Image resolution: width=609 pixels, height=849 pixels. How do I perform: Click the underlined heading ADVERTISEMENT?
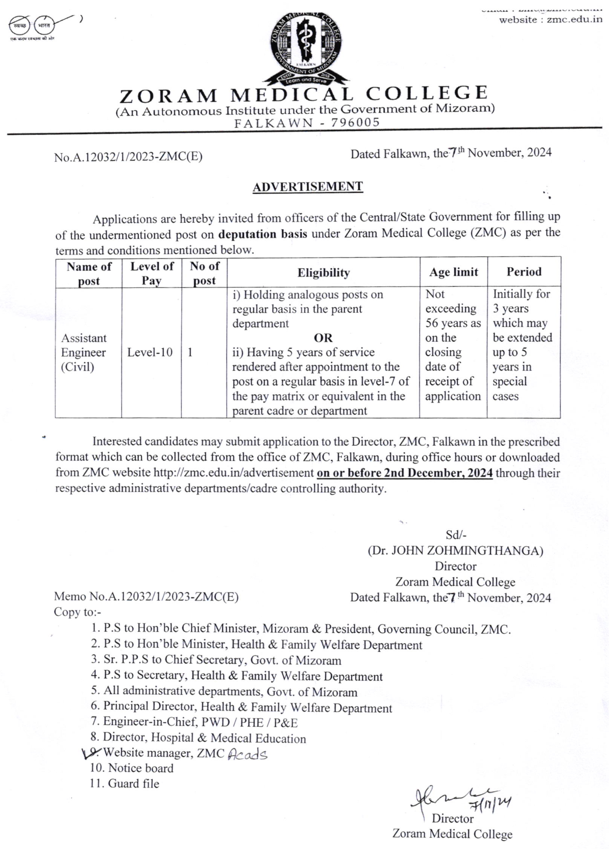[x=308, y=186]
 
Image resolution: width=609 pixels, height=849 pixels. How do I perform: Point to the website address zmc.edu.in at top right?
[x=574, y=20]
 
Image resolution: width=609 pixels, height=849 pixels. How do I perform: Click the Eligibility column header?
[x=323, y=273]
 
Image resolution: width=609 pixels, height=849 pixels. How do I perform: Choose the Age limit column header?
[x=453, y=272]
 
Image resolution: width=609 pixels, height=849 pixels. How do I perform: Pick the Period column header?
[x=524, y=271]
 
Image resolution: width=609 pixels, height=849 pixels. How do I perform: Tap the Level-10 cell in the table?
[x=150, y=352]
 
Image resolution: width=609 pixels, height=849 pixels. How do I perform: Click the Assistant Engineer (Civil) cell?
[x=83, y=352]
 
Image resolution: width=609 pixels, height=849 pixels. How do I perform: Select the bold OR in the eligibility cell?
[x=323, y=338]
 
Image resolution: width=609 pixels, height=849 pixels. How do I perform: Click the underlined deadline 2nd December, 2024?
[x=405, y=473]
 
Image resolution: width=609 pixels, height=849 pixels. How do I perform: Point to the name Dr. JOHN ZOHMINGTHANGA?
[x=455, y=550]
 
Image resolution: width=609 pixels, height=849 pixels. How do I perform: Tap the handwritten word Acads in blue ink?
[x=247, y=754]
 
